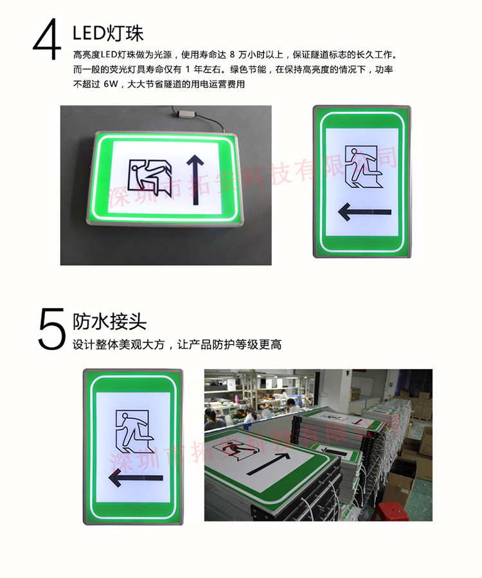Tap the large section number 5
click(51, 329)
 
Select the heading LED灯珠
click(107, 33)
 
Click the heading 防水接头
click(109, 320)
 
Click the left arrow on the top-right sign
click(365, 211)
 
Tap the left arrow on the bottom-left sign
click(135, 477)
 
